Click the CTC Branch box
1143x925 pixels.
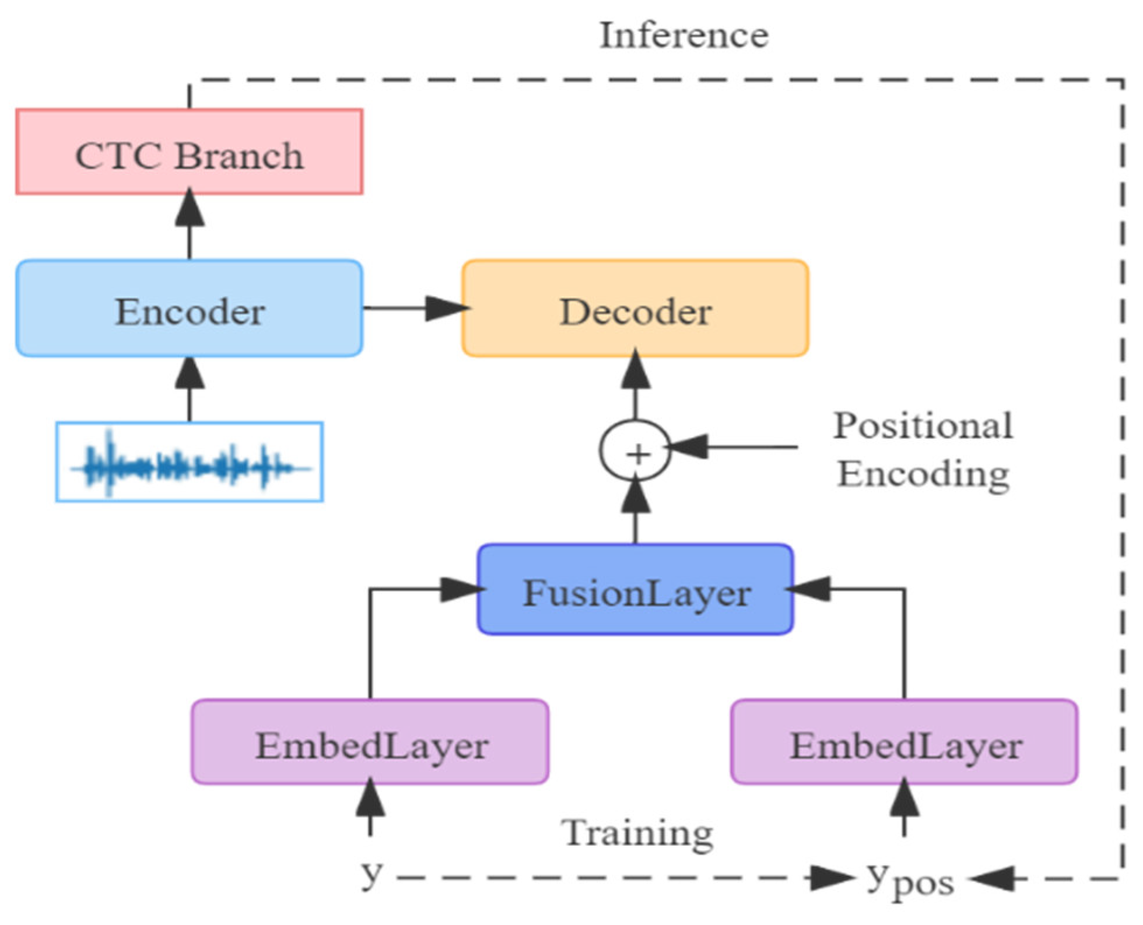[189, 152]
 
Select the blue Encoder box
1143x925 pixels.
[189, 309]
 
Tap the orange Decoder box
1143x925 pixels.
[635, 309]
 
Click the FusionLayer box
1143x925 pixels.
[635, 590]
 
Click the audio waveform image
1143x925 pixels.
[189, 462]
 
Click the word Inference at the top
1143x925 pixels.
[684, 35]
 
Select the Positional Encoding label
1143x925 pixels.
[923, 449]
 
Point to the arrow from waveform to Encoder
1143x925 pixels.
[190, 388]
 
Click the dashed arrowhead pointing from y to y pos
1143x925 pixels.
[831, 878]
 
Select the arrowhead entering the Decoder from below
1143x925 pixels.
[635, 370]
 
